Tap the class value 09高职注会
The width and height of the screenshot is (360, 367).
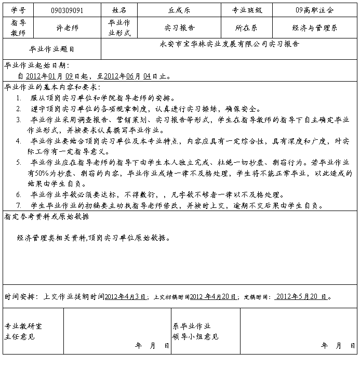pos(315,10)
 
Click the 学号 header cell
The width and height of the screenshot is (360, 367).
pos(18,10)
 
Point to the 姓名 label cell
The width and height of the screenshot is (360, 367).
pos(119,10)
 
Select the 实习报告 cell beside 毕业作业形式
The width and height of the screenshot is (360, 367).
pos(179,28)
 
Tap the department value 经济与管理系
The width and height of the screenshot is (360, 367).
pos(315,28)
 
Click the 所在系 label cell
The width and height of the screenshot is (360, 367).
pos(247,28)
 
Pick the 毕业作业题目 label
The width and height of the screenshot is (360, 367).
pos(51,49)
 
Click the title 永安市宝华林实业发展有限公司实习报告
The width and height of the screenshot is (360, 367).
pos(230,44)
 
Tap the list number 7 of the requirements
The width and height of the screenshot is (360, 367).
pos(19,205)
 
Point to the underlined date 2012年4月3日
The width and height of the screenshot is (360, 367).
pos(125,297)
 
